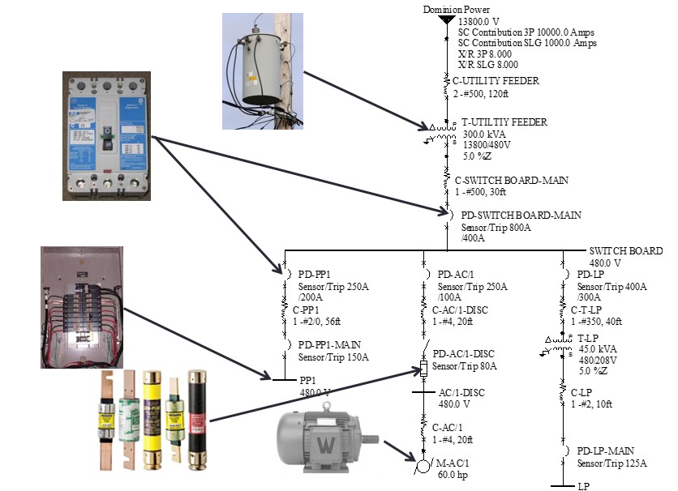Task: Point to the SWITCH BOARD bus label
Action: tap(625, 251)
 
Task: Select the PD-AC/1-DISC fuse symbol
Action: tap(423, 368)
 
